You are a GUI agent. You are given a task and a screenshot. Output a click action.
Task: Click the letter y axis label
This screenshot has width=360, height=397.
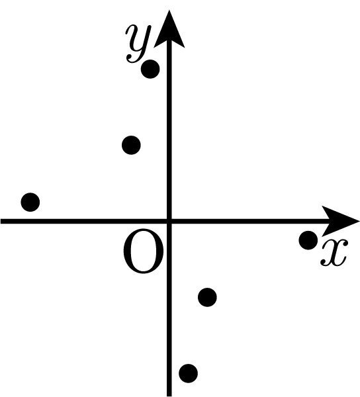click(x=138, y=43)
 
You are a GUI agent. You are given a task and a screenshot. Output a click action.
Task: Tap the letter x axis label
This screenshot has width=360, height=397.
click(x=334, y=253)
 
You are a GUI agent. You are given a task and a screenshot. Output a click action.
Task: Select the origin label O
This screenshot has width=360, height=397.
click(x=144, y=251)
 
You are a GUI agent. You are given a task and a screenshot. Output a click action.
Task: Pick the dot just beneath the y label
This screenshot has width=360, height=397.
click(x=150, y=69)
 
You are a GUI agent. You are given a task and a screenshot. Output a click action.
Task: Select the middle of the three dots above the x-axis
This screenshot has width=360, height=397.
click(x=131, y=145)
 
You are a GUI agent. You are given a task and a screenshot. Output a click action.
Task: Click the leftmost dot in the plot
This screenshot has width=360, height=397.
click(x=30, y=202)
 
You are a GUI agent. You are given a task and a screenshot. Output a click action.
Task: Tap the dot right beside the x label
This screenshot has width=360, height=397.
click(x=308, y=240)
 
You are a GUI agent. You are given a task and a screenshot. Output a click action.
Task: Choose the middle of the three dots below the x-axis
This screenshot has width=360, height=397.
click(x=207, y=297)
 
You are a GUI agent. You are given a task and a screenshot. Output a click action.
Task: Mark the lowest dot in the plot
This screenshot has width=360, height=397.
click(x=189, y=373)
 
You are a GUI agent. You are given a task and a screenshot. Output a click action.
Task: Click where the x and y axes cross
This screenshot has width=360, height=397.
click(x=169, y=222)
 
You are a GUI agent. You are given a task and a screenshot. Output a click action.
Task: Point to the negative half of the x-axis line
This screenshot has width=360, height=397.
click(x=85, y=222)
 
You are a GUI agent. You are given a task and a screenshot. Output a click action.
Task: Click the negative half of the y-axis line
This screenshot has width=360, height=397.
click(x=169, y=309)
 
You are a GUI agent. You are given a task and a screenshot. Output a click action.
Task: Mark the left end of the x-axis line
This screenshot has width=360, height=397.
click(x=1, y=222)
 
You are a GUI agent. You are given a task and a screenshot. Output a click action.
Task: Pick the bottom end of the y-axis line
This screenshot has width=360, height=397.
click(x=169, y=396)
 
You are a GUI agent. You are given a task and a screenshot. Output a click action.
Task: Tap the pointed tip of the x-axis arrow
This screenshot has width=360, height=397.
click(x=359, y=222)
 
